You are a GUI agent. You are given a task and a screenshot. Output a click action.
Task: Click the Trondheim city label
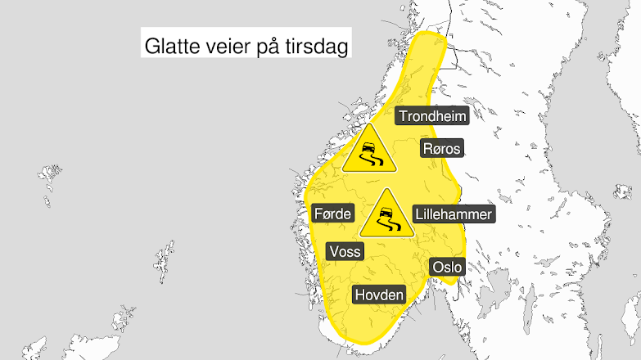pyautogui.click(x=432, y=116)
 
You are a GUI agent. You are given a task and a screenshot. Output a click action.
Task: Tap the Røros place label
pyautogui.click(x=442, y=149)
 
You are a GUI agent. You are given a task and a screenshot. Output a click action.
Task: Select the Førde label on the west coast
pyautogui.click(x=332, y=214)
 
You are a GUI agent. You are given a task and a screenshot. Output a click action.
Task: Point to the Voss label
pyautogui.click(x=344, y=251)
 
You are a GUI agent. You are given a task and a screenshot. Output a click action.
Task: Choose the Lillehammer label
pyautogui.click(x=454, y=214)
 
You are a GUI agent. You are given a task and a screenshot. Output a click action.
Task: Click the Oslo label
pyautogui.click(x=447, y=267)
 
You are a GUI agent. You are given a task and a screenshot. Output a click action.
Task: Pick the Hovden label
pyautogui.click(x=379, y=295)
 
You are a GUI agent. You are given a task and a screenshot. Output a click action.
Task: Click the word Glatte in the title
pyautogui.click(x=170, y=47)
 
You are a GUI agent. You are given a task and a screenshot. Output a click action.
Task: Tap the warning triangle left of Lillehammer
pyautogui.click(x=384, y=216)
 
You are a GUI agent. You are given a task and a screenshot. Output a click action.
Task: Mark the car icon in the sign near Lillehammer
pyautogui.click(x=384, y=214)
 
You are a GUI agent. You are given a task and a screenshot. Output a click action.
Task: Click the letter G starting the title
pyautogui.click(x=151, y=47)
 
